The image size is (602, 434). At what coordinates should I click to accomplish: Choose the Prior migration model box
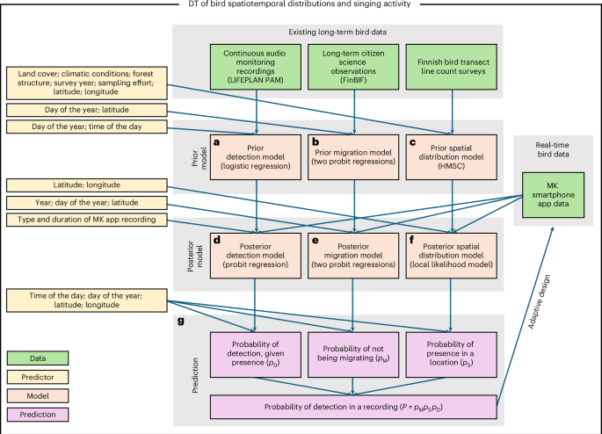tap(353, 153)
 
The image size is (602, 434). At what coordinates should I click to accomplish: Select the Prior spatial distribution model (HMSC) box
tap(453, 153)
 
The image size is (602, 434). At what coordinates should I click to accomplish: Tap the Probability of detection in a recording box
tap(353, 408)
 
